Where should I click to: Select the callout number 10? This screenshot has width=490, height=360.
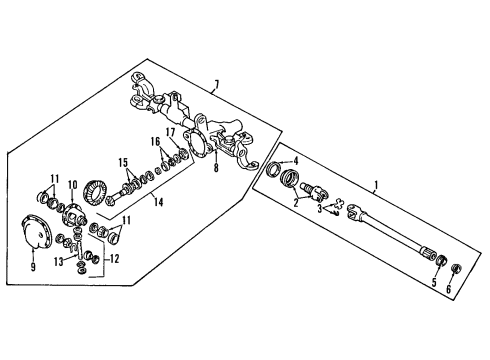tap(72, 185)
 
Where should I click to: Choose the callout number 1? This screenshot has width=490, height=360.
tap(375, 185)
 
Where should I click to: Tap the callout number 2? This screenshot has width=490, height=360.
tap(295, 203)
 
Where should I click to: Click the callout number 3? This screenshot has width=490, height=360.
tap(320, 211)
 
